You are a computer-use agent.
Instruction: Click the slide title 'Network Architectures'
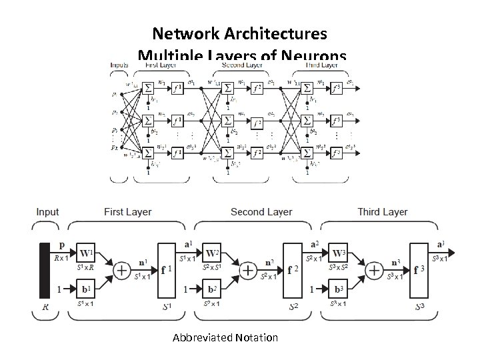239,33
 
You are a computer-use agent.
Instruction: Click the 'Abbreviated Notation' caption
225,337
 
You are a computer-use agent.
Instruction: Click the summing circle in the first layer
122,271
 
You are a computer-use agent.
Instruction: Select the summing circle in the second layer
248,271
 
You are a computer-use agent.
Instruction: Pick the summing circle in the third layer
375,271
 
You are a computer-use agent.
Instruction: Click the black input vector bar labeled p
45,271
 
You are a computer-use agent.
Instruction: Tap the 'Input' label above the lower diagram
47,212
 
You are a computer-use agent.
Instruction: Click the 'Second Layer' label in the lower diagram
261,212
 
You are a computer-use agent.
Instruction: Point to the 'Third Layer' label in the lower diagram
382,212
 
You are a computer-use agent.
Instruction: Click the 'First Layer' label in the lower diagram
128,212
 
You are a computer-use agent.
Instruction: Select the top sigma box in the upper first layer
148,87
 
